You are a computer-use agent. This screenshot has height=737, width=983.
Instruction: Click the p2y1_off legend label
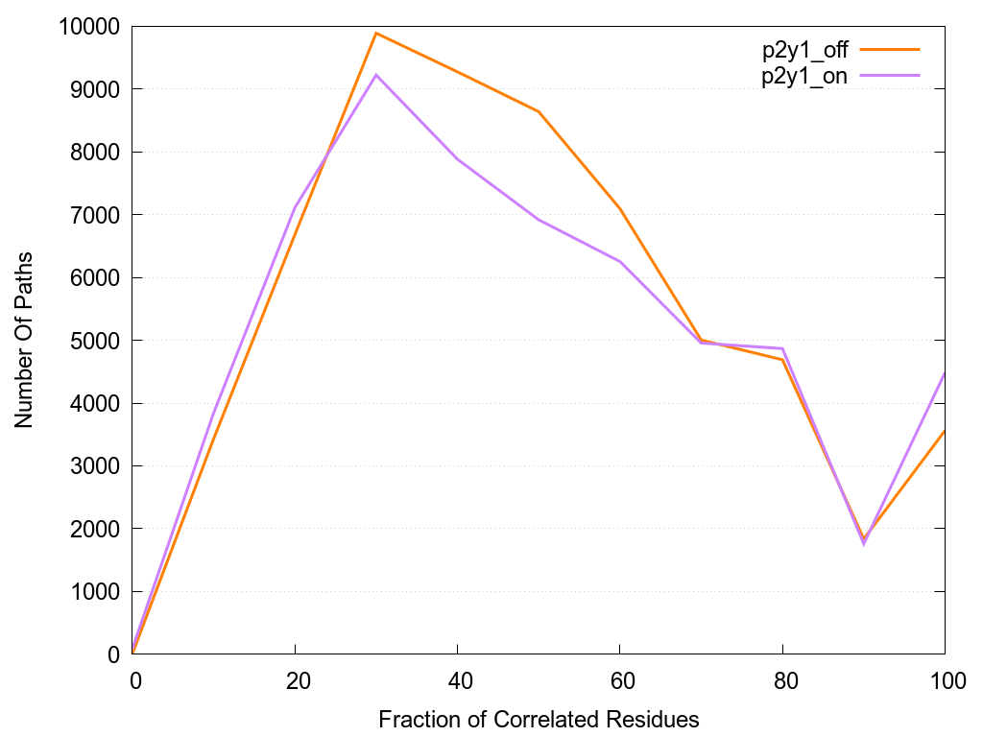tap(804, 48)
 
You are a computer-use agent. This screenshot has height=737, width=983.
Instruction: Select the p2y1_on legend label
tap(804, 76)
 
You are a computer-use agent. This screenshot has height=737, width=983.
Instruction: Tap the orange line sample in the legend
tap(890, 48)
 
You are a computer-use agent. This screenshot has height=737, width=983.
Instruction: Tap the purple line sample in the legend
tap(890, 75)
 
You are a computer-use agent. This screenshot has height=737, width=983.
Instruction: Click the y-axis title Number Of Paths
tap(23, 340)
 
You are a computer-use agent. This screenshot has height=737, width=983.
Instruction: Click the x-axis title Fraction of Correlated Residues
tap(539, 719)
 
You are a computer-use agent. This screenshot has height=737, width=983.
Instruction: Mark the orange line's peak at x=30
tap(376, 34)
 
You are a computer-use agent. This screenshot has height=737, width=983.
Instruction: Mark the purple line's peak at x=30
tap(376, 75)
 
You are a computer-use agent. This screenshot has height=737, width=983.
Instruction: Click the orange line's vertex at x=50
tap(539, 111)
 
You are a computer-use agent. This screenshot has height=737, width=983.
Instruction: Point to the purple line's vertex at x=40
tap(458, 158)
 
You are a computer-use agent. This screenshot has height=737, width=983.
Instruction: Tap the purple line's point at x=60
tap(620, 261)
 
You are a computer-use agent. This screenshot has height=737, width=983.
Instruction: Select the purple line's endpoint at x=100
tap(945, 373)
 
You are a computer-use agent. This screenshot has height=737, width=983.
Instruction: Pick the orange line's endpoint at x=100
tap(945, 431)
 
